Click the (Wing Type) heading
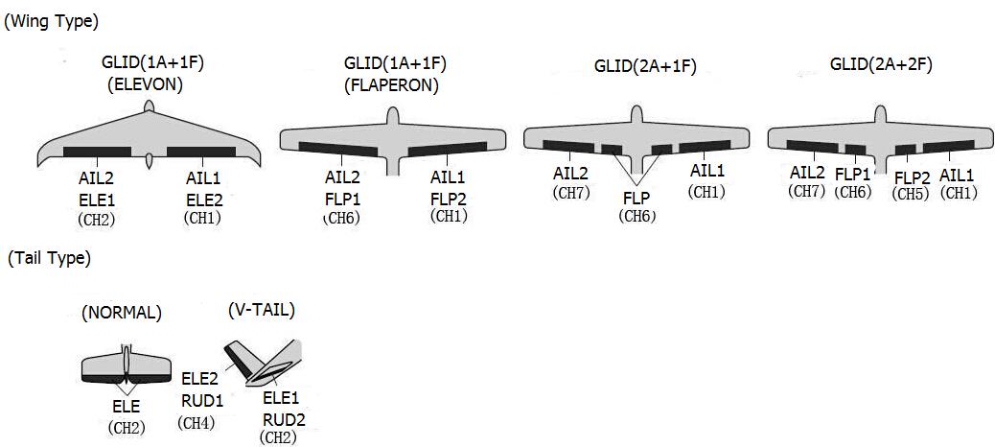[52, 21]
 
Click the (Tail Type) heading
[49, 258]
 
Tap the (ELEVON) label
[146, 85]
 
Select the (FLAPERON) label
[391, 85]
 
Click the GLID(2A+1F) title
[645, 67]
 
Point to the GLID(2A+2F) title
[881, 65]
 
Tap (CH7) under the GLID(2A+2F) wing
[807, 190]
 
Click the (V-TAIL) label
[262, 311]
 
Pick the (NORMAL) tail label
[121, 313]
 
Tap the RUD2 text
[285, 419]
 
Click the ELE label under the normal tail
[127, 407]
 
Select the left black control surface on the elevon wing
[97, 152]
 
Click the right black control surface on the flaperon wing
[448, 149]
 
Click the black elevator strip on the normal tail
[127, 379]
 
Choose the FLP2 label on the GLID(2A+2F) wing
[912, 178]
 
